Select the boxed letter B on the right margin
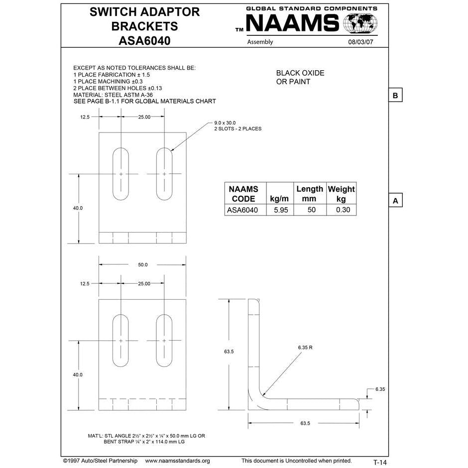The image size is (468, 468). (x=395, y=95)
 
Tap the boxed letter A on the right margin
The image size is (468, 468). (x=395, y=201)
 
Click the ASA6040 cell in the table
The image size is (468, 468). (x=242, y=210)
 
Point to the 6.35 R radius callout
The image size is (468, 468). (x=305, y=347)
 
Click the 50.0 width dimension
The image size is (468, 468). (x=143, y=264)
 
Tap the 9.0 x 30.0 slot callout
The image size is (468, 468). (x=225, y=122)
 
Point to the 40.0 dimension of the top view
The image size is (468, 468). (x=78, y=208)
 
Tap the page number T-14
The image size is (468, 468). (x=380, y=462)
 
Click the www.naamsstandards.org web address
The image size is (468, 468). (x=177, y=461)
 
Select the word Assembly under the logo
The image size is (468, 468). (x=260, y=42)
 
